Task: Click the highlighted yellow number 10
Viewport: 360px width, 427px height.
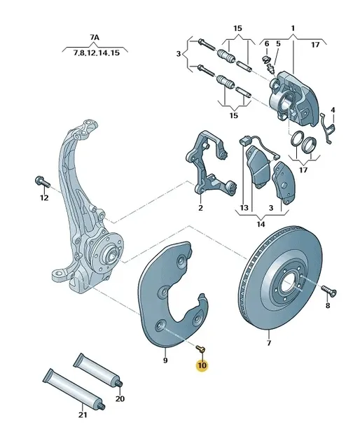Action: [202, 365]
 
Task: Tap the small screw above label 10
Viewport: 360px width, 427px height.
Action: [201, 348]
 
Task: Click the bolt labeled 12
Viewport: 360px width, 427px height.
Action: [42, 182]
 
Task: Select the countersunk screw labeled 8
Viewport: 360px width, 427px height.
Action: [329, 290]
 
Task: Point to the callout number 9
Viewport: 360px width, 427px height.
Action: [165, 360]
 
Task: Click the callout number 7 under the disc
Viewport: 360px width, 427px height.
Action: [269, 342]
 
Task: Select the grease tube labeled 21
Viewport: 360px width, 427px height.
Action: [74, 388]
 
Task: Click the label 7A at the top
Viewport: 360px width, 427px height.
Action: [95, 37]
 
